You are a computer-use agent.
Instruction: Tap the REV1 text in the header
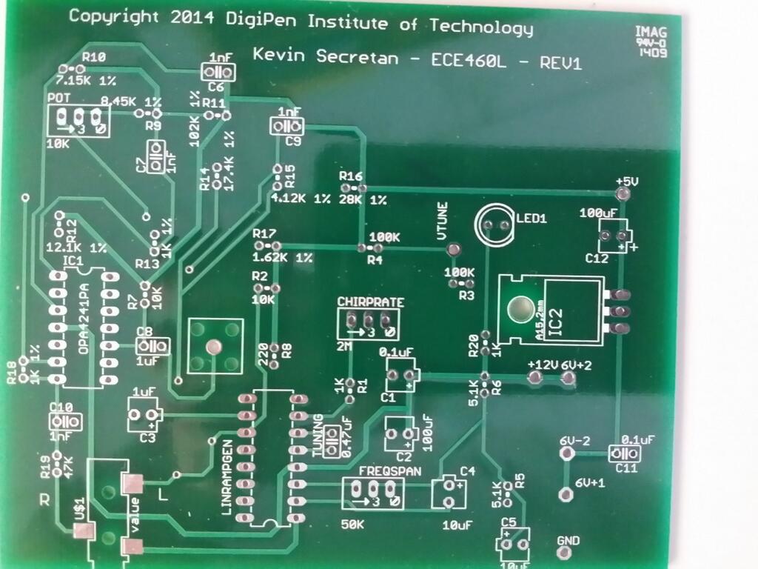click(561, 62)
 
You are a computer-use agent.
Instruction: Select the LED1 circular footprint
click(495, 224)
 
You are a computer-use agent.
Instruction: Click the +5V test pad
click(623, 195)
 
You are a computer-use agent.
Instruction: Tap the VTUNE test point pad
click(454, 250)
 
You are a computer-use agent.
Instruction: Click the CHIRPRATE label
click(371, 302)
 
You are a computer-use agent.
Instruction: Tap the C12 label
click(596, 259)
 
